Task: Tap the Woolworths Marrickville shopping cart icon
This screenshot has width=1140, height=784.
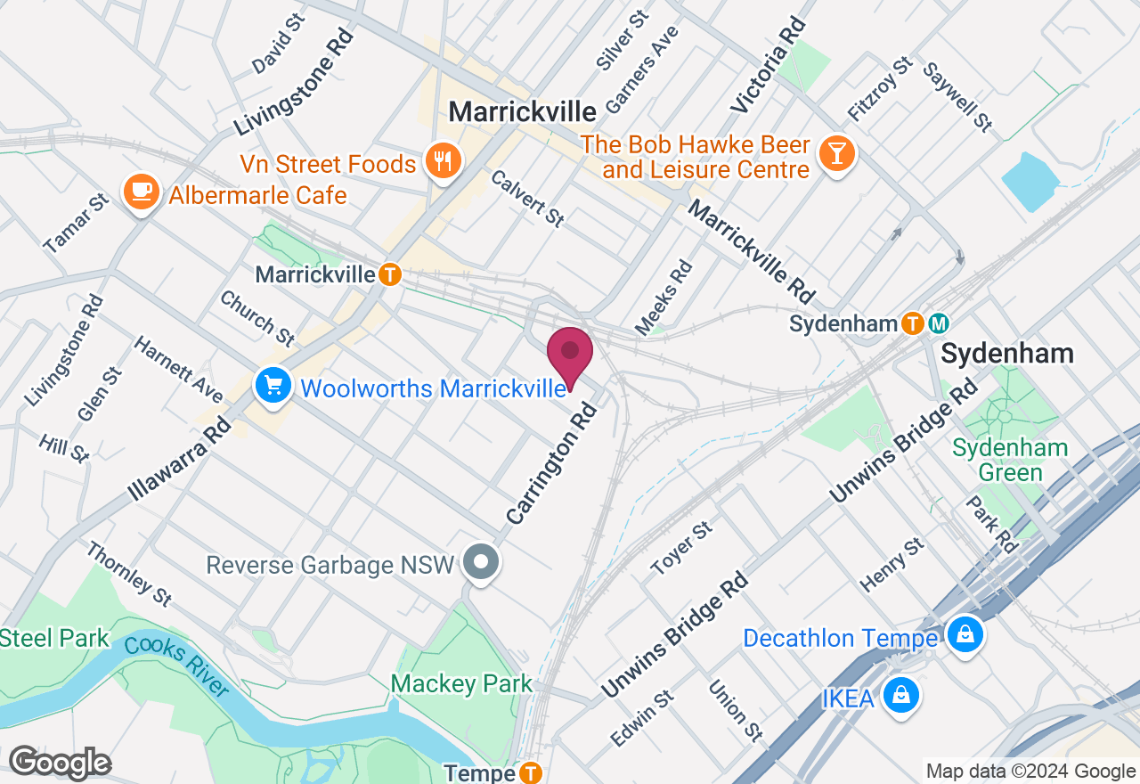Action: [273, 386]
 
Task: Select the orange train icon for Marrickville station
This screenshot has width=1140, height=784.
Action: [389, 274]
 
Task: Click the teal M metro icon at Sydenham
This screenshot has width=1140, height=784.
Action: [940, 323]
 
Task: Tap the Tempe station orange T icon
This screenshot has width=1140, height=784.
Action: [531, 772]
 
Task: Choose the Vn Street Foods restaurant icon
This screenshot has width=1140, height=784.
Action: [442, 161]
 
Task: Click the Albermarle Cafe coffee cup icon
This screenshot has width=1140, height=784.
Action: [142, 191]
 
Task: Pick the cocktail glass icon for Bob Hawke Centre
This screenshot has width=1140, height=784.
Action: [836, 153]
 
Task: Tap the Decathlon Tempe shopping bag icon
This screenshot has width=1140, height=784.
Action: [964, 635]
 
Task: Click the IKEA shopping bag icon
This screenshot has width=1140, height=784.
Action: [901, 694]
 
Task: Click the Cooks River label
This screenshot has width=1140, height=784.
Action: [176, 666]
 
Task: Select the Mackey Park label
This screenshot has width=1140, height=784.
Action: [461, 684]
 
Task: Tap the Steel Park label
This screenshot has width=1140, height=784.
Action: [53, 638]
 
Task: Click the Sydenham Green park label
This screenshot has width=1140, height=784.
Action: [1010, 460]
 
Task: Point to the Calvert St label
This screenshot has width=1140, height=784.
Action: [526, 199]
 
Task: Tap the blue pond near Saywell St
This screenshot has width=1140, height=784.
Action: [1031, 181]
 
